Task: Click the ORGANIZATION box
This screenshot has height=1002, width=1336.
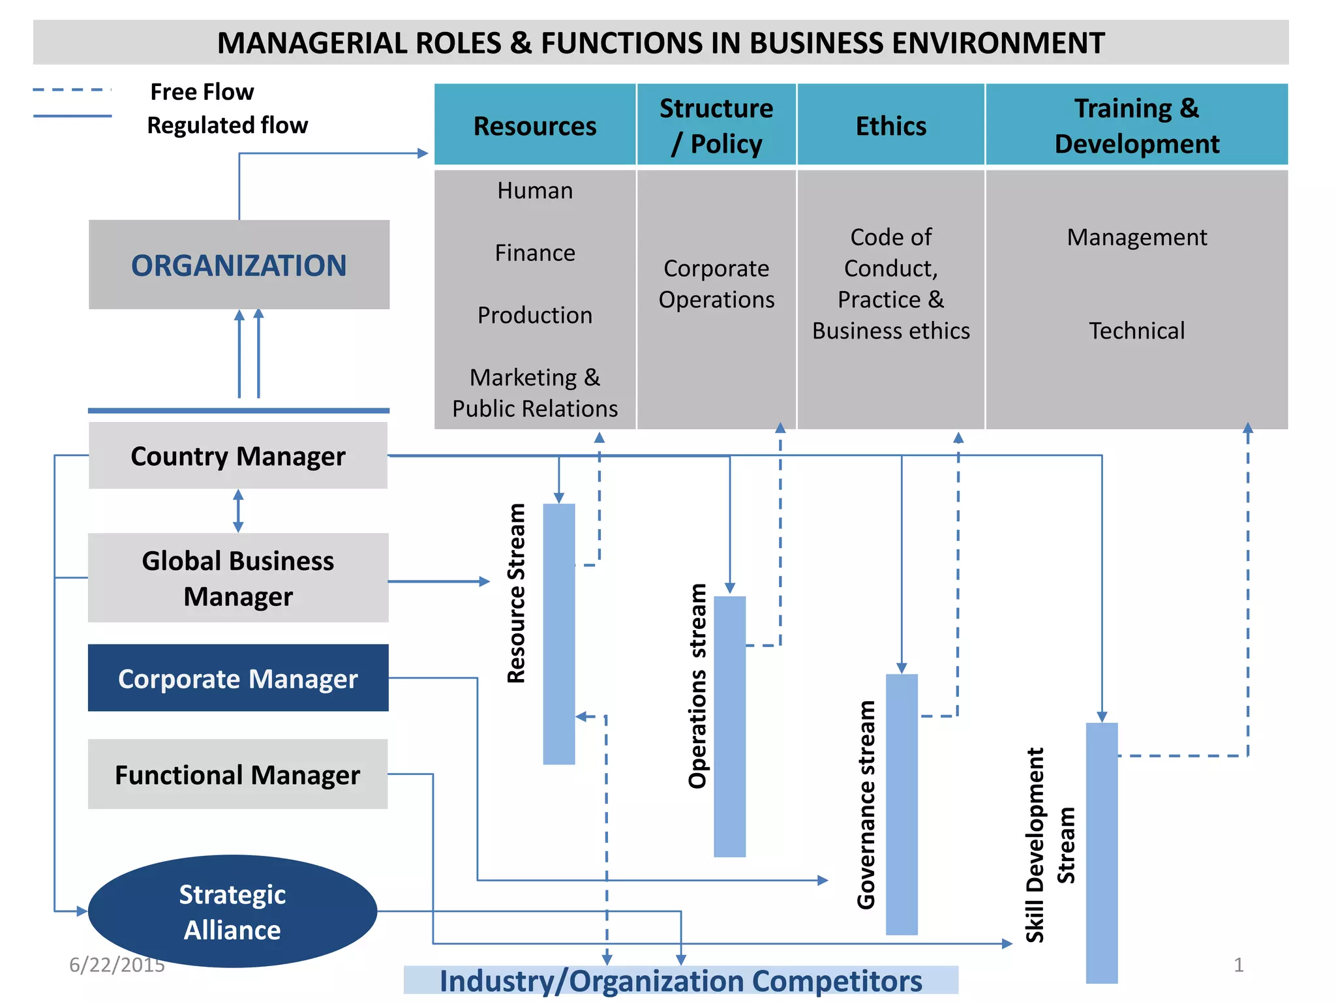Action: (239, 264)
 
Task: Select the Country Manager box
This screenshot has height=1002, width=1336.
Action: (238, 455)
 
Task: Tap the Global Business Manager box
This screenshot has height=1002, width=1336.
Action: (238, 578)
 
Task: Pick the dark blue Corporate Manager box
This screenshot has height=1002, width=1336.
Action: (238, 678)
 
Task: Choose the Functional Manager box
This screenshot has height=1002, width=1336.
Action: (238, 774)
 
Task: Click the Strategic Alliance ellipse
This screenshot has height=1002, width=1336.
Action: (232, 911)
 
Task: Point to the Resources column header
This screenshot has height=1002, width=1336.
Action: (535, 125)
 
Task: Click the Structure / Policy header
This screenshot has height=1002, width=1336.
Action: (716, 125)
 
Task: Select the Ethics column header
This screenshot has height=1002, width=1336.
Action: (890, 125)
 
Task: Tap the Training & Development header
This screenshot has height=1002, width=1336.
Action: (1136, 125)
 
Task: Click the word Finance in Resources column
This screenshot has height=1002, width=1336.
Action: (535, 252)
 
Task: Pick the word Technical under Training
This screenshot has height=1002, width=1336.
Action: (1136, 331)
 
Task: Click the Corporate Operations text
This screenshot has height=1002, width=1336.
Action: (716, 284)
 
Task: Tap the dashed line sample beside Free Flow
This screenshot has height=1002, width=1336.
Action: (72, 90)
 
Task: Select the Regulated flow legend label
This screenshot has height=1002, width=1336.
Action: (227, 125)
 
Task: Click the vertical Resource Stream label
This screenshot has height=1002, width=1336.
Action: (517, 594)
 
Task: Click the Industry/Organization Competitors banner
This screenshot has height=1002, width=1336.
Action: (680, 980)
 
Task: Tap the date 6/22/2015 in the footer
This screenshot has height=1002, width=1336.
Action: (117, 965)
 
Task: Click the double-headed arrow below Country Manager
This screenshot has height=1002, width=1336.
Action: (238, 511)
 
